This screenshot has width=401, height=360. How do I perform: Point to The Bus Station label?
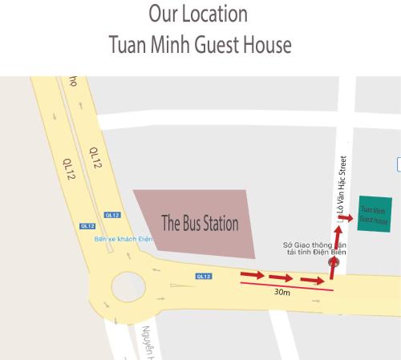pos(200,224)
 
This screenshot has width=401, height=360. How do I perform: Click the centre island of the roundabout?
pos(128,285)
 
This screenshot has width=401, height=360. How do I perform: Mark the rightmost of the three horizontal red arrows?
pos(311,281)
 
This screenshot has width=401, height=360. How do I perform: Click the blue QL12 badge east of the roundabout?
pos(203,277)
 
